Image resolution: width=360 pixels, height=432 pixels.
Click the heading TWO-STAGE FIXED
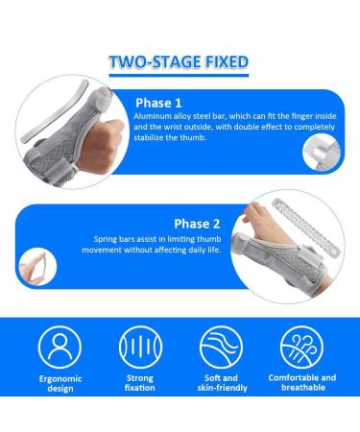point(179,61)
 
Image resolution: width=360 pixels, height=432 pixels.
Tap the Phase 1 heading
point(158,103)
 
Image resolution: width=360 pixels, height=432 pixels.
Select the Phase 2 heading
point(197,224)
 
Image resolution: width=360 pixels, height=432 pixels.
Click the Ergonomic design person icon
point(60,347)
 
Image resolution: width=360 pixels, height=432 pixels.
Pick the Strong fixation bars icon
point(140,347)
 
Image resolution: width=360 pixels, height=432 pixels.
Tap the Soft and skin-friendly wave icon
point(221,347)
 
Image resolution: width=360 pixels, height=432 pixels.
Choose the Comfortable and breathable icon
point(301,347)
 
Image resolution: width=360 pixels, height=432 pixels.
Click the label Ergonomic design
point(60,383)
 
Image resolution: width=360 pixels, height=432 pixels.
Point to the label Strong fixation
point(140,383)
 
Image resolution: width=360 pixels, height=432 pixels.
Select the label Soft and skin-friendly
point(222,383)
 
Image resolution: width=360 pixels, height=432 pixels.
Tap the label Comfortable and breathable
point(302,382)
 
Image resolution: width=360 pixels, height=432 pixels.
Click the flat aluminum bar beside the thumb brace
point(55,111)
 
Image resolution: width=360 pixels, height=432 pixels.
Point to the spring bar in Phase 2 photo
point(304,228)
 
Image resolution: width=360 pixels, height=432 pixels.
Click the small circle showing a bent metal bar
point(322,153)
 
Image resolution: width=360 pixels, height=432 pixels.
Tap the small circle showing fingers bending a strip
point(37,267)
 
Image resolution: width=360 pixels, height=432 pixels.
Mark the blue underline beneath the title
point(179,76)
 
